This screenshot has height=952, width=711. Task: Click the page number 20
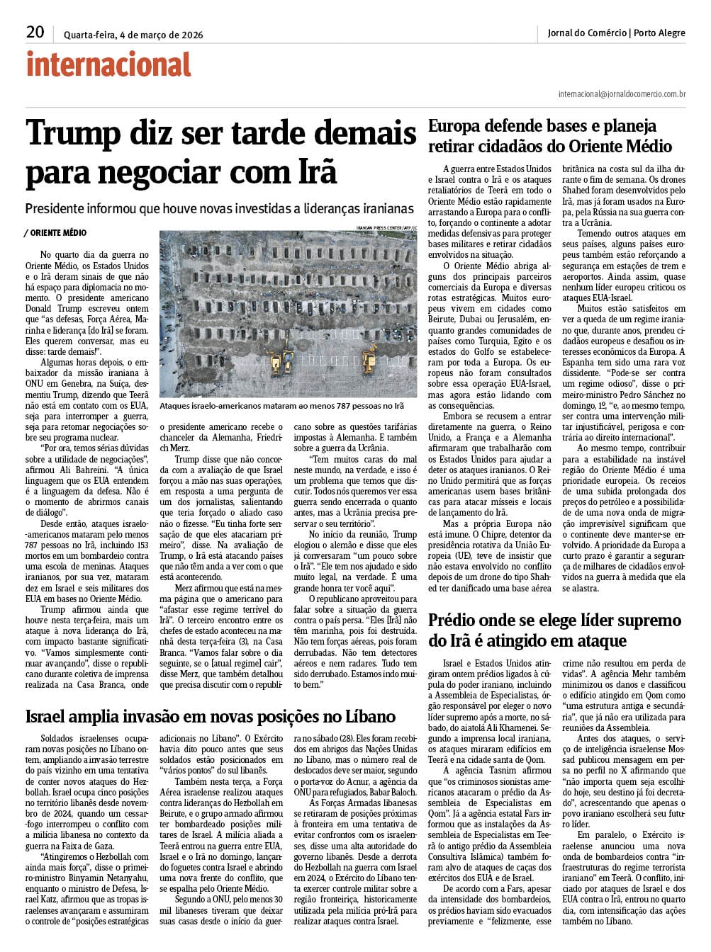35,32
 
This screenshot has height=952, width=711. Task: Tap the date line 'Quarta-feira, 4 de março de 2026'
133,35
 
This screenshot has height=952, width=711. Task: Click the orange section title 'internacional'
108,64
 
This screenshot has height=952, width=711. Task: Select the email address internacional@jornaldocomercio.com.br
622,93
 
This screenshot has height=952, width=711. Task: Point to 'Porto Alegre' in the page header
659,33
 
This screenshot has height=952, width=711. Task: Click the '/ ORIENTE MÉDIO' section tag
55,232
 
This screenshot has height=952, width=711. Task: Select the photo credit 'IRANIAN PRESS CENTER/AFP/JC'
386,227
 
